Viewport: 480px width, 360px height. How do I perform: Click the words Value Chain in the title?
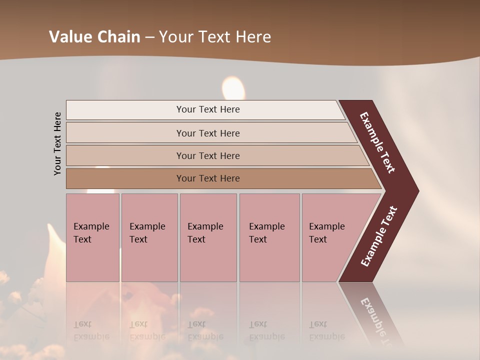(94, 36)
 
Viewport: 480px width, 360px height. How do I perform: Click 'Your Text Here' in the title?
(215, 36)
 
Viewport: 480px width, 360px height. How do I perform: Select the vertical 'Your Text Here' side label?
(57, 143)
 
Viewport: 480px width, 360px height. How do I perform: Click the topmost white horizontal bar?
(207, 109)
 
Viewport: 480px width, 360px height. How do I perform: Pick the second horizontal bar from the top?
(207, 133)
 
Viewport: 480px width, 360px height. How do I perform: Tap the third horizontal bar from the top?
(207, 155)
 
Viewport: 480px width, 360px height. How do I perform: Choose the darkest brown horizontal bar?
(207, 178)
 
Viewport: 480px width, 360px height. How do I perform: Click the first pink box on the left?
(92, 237)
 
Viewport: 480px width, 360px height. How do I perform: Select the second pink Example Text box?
(149, 237)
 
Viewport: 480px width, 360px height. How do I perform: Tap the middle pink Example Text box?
(208, 237)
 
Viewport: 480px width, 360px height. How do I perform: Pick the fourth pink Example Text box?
(269, 237)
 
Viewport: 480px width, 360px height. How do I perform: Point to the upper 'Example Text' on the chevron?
(377, 142)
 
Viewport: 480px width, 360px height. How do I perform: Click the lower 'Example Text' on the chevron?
(378, 236)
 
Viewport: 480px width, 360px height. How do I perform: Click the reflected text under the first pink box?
(91, 330)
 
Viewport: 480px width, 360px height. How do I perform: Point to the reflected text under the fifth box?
(326, 330)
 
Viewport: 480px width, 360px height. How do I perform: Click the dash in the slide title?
(149, 37)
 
